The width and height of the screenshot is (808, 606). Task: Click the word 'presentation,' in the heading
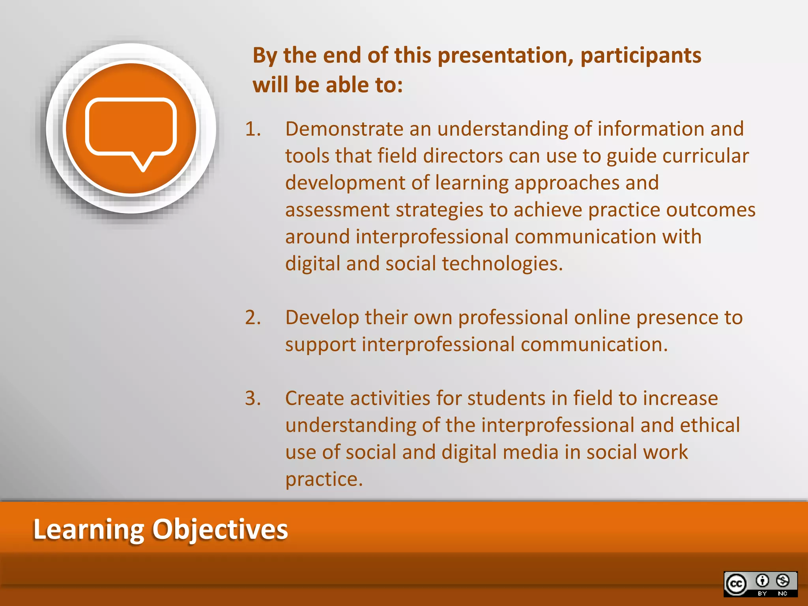(x=505, y=55)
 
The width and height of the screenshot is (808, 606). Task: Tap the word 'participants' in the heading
(x=641, y=55)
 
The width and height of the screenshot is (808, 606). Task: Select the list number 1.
(x=253, y=129)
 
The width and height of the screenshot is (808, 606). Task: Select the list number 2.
(x=253, y=318)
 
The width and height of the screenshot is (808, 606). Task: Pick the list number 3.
(x=253, y=398)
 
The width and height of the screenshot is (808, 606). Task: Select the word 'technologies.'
(x=502, y=264)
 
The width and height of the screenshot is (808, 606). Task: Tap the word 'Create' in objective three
(x=314, y=398)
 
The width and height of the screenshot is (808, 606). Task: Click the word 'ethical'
(x=710, y=425)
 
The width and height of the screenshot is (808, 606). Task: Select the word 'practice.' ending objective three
(x=324, y=479)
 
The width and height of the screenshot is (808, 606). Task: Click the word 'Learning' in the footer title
(x=89, y=529)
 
